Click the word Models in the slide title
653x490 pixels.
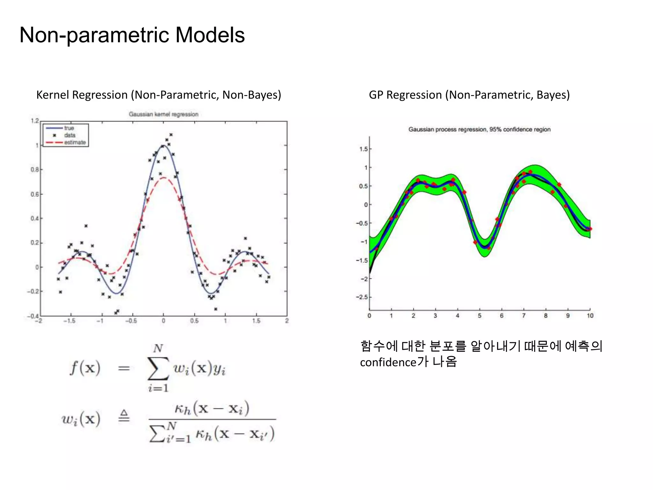pyautogui.click(x=210, y=35)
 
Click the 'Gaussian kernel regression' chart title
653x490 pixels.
pyautogui.click(x=163, y=114)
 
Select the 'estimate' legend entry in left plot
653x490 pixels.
pyautogui.click(x=75, y=142)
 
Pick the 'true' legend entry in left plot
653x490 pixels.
pyautogui.click(x=69, y=128)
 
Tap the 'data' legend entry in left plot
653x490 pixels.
pyautogui.click(x=70, y=135)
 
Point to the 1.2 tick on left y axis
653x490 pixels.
pyautogui.click(x=34, y=121)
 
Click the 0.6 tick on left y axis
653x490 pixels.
pyautogui.click(x=34, y=194)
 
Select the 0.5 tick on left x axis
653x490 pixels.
pyautogui.click(x=194, y=321)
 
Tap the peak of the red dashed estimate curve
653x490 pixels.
pyautogui.click(x=164, y=178)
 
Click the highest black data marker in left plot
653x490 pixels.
pyautogui.click(x=171, y=135)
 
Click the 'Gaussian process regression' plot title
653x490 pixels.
pyautogui.click(x=479, y=129)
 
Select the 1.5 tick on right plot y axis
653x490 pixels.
pyautogui.click(x=363, y=149)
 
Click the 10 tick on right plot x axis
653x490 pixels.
pyautogui.click(x=590, y=316)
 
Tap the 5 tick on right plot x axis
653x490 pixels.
pyautogui.click(x=480, y=316)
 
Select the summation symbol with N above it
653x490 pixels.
pyautogui.click(x=158, y=368)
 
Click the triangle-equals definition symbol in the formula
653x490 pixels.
pyautogui.click(x=124, y=416)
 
